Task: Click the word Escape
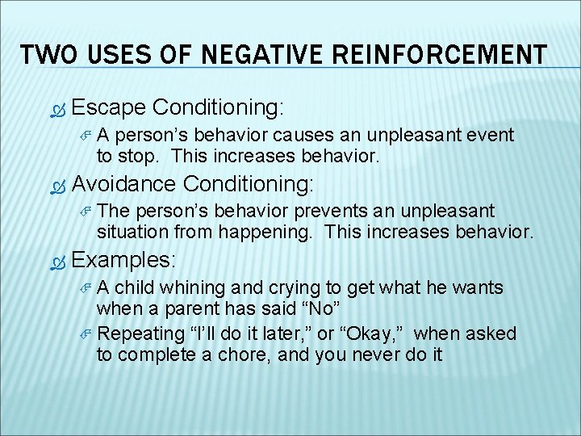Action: click(x=108, y=107)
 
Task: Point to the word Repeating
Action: click(x=138, y=333)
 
